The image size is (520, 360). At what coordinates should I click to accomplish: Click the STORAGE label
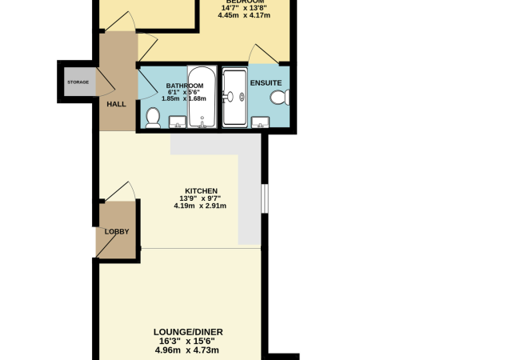coord(78,82)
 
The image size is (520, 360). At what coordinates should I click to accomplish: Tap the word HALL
coord(117,104)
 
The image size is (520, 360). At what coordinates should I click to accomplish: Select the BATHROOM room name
coord(185,85)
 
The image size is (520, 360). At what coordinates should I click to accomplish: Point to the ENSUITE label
coord(265,82)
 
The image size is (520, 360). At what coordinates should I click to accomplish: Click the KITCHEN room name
coord(200,190)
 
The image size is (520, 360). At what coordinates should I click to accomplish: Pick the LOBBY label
coord(117,232)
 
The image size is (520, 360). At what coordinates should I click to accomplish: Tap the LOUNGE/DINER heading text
coord(189,332)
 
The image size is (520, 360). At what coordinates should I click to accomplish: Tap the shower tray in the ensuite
coord(234,98)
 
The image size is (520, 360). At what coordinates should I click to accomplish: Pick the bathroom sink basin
coord(178,122)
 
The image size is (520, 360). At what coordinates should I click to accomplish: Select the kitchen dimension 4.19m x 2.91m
coord(200,206)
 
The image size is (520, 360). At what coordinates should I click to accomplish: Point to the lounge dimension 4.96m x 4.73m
coord(189,350)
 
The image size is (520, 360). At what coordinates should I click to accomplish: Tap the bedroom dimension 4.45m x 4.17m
coord(246,19)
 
